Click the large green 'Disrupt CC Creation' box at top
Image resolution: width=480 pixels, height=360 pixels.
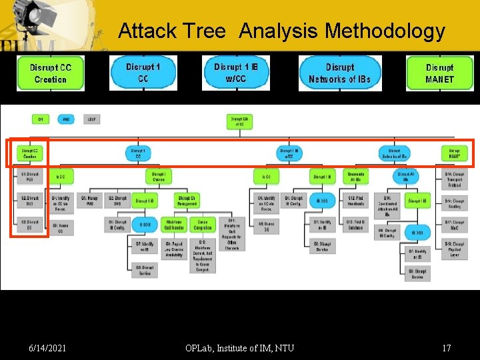click(51, 73)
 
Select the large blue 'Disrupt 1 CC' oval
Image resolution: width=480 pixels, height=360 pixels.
click(143, 73)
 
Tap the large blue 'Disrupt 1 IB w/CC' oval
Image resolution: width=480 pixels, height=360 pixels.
click(236, 73)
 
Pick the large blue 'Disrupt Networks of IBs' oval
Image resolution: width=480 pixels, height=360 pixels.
click(340, 73)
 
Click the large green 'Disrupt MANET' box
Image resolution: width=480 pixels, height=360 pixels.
click(439, 73)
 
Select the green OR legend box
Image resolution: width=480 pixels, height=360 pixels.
click(41, 119)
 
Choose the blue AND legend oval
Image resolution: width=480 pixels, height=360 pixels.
click(67, 119)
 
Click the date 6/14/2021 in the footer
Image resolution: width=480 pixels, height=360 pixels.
click(48, 347)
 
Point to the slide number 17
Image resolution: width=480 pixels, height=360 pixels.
click(446, 347)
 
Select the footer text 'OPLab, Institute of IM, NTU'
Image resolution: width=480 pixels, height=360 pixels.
click(241, 347)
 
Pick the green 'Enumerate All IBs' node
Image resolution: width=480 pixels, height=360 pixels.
click(355, 177)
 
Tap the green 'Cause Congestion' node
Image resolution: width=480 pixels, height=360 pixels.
click(203, 225)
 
